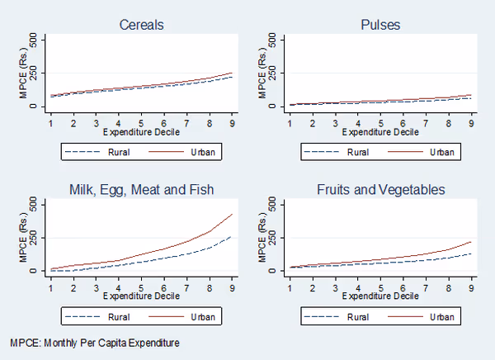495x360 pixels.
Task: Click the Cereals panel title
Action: (x=142, y=24)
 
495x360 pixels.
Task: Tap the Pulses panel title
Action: (x=379, y=24)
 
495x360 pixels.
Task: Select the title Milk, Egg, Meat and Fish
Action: (x=142, y=189)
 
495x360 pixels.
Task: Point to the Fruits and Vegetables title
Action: (x=380, y=189)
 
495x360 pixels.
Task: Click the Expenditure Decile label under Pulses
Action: (x=380, y=132)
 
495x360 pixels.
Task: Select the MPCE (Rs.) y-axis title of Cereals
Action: (x=22, y=73)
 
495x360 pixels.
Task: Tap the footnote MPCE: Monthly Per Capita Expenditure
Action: (x=95, y=342)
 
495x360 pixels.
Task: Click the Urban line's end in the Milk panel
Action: (x=233, y=214)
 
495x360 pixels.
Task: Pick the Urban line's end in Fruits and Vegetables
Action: (x=470, y=241)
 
